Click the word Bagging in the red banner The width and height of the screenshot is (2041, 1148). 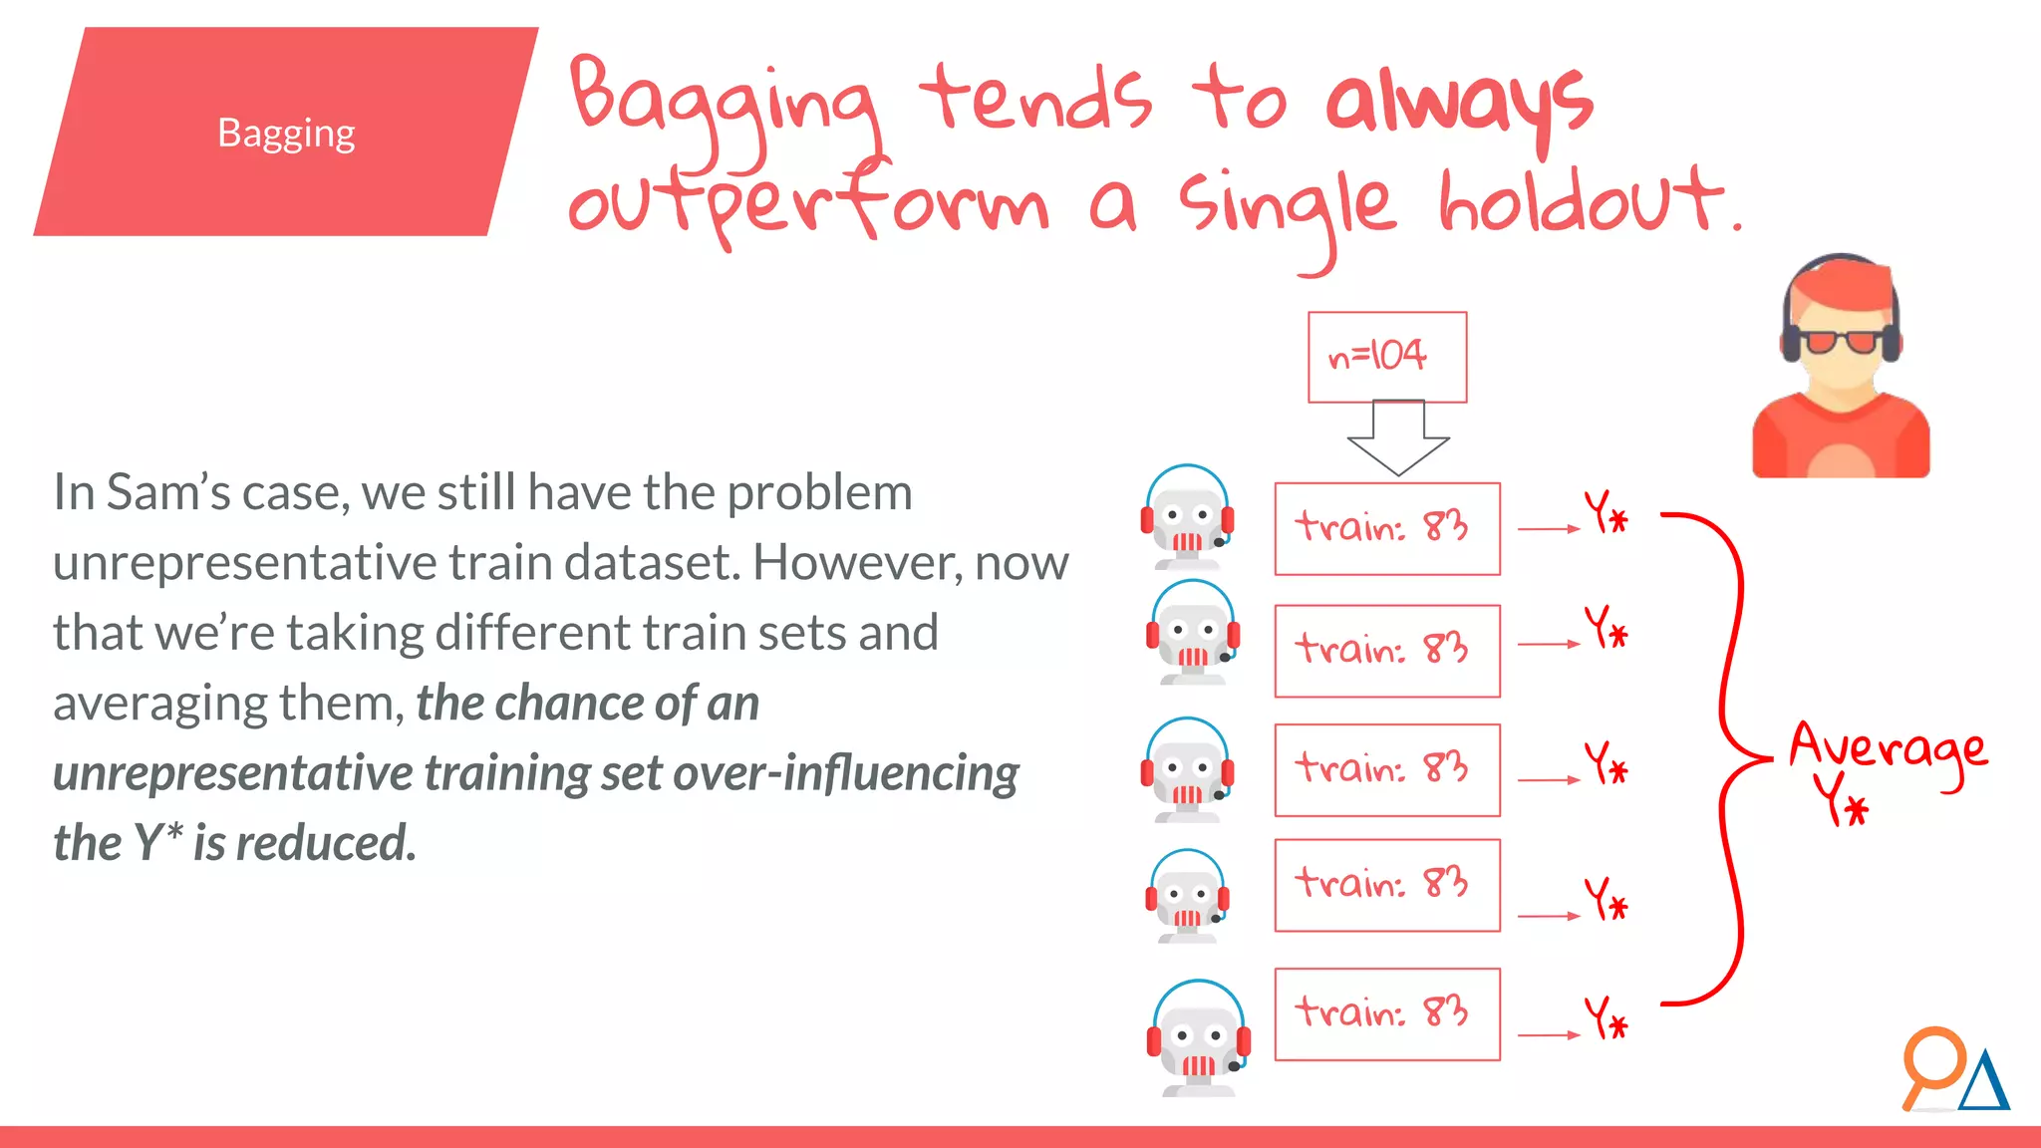click(x=286, y=134)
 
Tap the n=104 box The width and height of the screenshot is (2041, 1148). click(x=1386, y=357)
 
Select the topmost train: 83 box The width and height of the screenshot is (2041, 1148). click(x=1386, y=528)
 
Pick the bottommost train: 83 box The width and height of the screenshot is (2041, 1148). click(x=1386, y=1013)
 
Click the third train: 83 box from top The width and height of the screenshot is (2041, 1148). click(x=1386, y=770)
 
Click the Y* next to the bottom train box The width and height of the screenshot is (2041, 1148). click(x=1605, y=1018)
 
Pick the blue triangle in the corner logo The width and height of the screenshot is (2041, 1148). click(x=1984, y=1082)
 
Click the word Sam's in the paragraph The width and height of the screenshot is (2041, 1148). click(x=168, y=493)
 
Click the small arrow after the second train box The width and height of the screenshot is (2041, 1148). click(x=1548, y=645)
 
